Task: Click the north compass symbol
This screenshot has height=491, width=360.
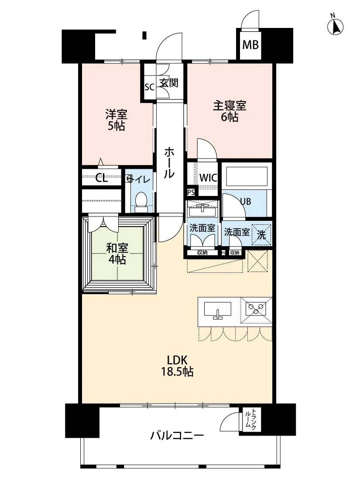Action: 335,26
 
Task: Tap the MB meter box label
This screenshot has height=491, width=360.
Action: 250,45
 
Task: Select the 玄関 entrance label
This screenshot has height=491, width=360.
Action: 169,83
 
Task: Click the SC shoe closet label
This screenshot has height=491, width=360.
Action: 149,87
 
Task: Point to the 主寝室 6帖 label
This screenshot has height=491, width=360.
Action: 230,111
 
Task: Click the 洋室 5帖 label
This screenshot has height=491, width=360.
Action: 116,120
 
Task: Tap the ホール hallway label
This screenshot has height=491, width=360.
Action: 169,163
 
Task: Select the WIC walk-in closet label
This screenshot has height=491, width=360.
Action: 208,178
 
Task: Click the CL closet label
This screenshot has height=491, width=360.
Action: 101,178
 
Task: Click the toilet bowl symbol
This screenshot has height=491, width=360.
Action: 141,203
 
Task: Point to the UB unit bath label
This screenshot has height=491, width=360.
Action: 245,201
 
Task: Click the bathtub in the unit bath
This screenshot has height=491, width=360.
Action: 247,177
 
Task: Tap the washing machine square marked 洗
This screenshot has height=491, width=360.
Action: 261,234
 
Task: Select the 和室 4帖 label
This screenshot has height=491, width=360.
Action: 117,254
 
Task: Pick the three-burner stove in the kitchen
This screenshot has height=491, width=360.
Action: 256,308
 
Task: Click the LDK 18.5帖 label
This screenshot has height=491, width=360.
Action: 177,366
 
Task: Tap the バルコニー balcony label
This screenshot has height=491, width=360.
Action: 177,436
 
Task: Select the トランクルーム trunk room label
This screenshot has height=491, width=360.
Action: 250,419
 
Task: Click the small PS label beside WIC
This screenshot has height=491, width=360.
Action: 191,192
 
